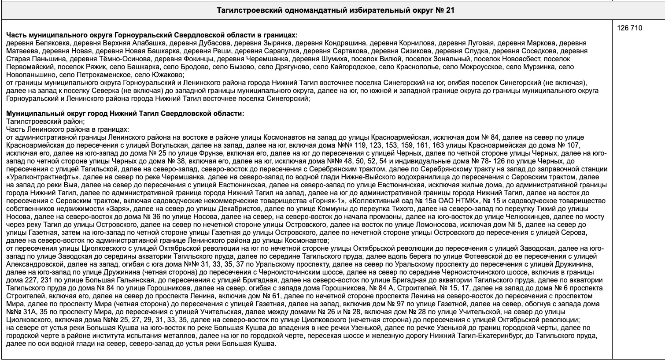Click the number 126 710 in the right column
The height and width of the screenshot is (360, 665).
pyautogui.click(x=630, y=28)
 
